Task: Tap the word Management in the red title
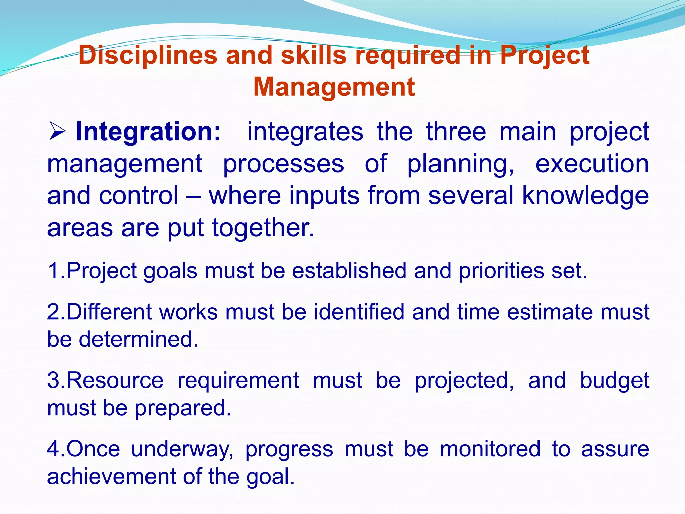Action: [x=334, y=87]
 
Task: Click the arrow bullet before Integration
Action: [x=57, y=132]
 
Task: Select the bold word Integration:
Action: [x=149, y=132]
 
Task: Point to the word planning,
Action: [x=461, y=164]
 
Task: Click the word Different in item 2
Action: [x=109, y=312]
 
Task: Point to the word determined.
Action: [x=138, y=339]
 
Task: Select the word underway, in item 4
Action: [x=183, y=449]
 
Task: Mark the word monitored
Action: [x=490, y=449]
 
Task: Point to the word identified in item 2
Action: [x=359, y=312]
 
